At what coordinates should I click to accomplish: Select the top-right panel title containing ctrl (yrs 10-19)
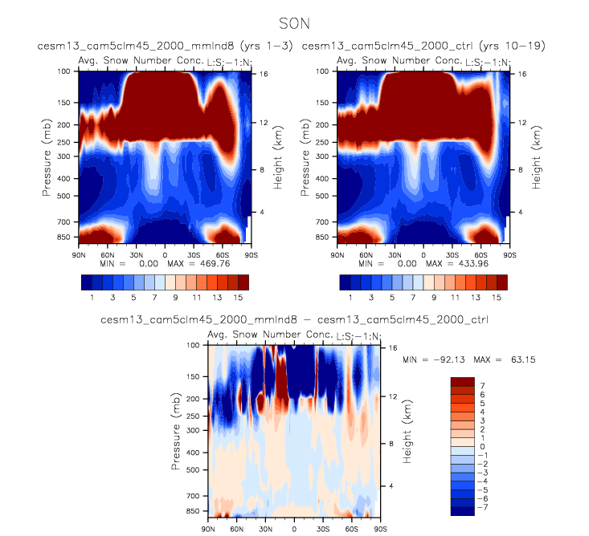[423, 47]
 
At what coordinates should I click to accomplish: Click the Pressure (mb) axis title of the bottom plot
[176, 431]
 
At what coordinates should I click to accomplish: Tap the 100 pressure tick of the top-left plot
[65, 72]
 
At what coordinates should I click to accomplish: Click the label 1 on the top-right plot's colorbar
[350, 298]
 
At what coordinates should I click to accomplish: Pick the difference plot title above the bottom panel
[295, 320]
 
